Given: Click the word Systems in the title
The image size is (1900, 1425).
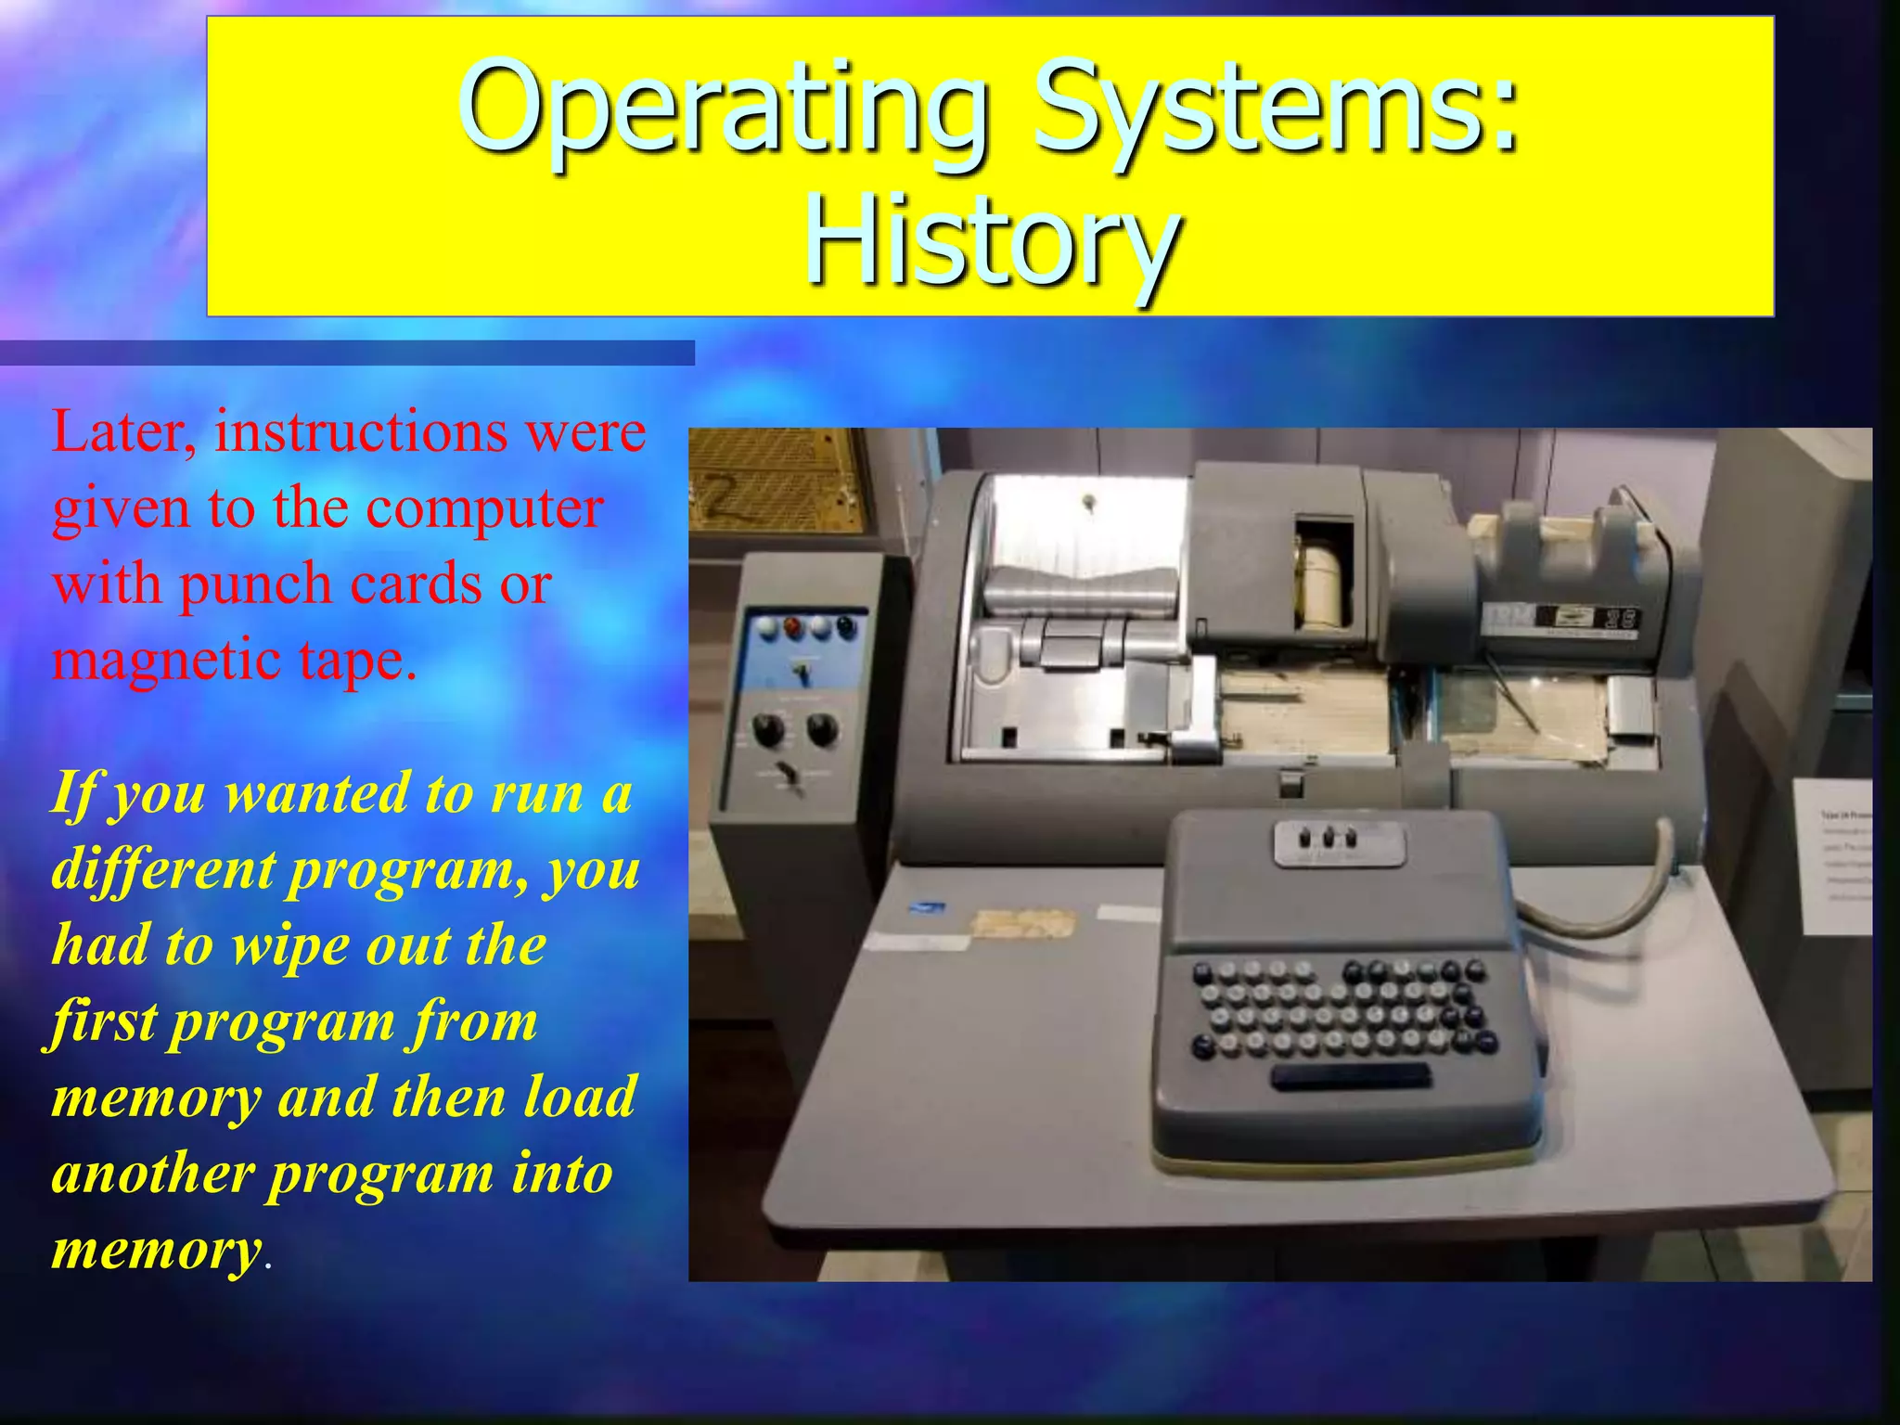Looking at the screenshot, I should [x=1276, y=109].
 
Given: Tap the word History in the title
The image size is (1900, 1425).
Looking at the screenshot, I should [x=990, y=243].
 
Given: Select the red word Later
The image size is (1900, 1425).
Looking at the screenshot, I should [x=122, y=432].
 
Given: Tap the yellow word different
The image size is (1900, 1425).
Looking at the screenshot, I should [x=163, y=870].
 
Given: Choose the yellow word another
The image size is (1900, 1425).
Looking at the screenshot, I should [x=152, y=1175].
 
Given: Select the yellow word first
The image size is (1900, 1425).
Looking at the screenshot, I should [x=103, y=1022].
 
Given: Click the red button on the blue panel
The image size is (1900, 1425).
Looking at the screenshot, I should [x=794, y=627].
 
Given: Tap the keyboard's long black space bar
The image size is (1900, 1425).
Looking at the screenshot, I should [x=1350, y=1077].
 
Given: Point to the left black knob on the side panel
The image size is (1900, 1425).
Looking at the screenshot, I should [x=768, y=730].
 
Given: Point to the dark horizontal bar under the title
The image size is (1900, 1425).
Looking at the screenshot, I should [x=347, y=353].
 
